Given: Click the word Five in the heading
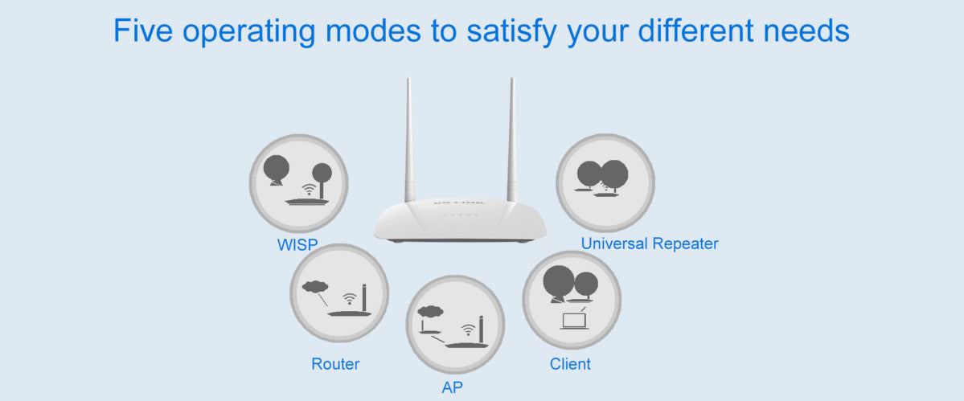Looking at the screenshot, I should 143,31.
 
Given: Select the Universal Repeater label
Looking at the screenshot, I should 650,243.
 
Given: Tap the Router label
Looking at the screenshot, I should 335,364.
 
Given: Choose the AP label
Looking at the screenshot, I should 453,387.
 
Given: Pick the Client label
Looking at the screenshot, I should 570,364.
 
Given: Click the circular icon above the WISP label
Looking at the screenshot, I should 298,182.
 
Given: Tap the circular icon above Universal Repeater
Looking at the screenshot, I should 605,182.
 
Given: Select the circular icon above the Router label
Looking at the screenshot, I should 338,293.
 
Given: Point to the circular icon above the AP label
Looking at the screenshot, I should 455,324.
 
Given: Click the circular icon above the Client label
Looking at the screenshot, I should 572,300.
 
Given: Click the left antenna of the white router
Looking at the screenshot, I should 409,141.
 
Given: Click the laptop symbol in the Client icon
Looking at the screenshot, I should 574,320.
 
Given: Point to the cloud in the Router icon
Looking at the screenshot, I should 316,285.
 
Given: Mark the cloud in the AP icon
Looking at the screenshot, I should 431,311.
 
